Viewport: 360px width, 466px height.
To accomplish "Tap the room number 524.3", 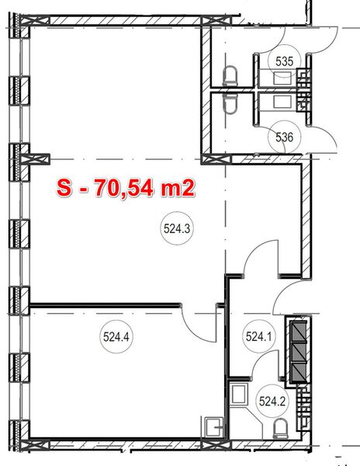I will tap(178, 229).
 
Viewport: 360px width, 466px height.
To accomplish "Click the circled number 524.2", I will tap(272, 402).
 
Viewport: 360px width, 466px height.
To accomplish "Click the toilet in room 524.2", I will tap(280, 426).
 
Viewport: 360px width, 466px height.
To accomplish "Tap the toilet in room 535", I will tap(230, 75).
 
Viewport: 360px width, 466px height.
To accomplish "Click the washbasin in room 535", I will tap(283, 76).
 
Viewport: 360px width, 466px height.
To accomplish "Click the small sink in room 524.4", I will tap(216, 426).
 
